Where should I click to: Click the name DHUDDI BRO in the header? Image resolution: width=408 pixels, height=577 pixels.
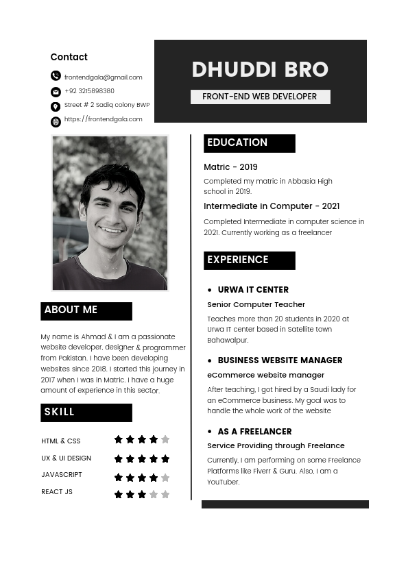(x=260, y=70)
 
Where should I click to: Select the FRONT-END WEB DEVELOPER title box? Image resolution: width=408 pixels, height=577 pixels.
(x=260, y=97)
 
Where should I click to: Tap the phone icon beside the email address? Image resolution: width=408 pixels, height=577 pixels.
(x=56, y=76)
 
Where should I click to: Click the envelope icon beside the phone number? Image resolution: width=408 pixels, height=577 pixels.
(x=56, y=92)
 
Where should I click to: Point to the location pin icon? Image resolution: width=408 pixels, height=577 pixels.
(x=56, y=107)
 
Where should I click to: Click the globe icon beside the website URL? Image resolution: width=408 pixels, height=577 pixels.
(x=56, y=122)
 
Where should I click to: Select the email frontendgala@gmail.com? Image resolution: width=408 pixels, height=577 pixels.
(x=104, y=77)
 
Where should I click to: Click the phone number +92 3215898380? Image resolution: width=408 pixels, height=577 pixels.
(x=89, y=91)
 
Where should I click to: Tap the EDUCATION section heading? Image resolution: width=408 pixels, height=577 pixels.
(x=237, y=143)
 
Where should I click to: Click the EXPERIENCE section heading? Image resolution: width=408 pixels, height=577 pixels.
(x=238, y=260)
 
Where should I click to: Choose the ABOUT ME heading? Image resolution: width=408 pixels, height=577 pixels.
(x=71, y=310)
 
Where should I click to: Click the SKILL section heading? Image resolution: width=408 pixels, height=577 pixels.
(x=60, y=412)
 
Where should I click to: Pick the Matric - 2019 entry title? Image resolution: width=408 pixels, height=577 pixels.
(x=230, y=167)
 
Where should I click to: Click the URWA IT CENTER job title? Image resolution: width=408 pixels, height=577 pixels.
(x=253, y=290)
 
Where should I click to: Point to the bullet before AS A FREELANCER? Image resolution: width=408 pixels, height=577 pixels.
(x=210, y=432)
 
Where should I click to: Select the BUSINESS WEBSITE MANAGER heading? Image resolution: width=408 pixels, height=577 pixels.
(x=280, y=360)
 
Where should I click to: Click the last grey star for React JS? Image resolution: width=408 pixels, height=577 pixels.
(x=165, y=494)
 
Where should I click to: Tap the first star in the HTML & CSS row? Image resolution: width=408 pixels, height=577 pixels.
(x=119, y=439)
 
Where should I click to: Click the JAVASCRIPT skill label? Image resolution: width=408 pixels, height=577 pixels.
(x=62, y=475)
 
